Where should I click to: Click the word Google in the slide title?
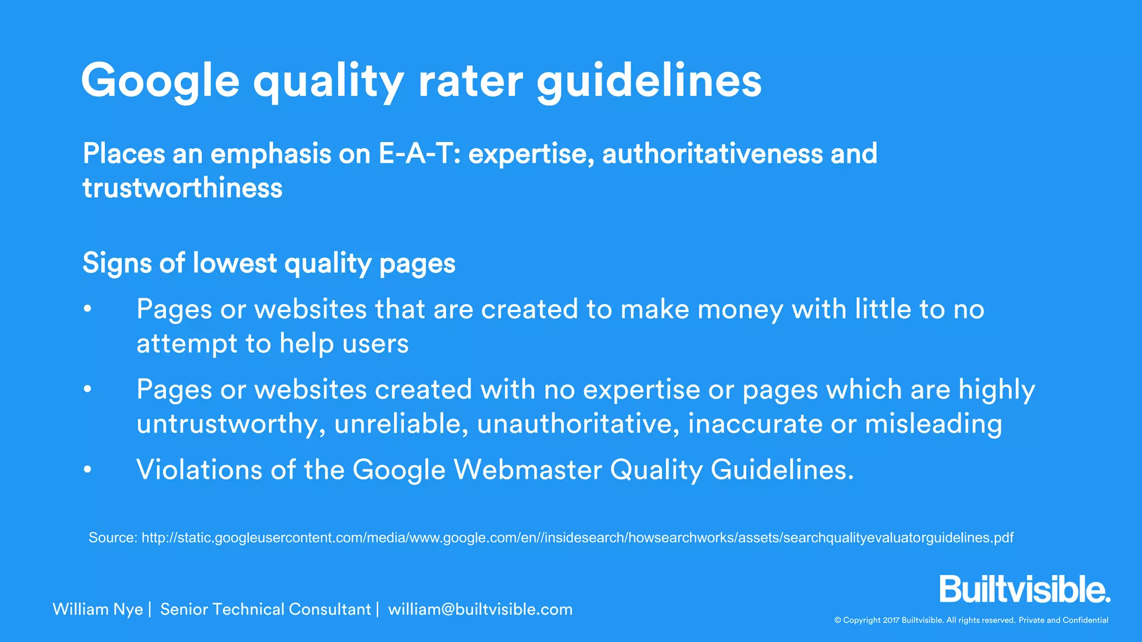pos(161,81)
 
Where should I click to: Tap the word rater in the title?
pos(471,81)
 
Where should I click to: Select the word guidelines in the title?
pos(649,81)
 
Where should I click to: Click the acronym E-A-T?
pos(415,154)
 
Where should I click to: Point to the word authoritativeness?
pos(712,154)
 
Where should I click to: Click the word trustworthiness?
pos(182,188)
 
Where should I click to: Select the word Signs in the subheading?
pos(117,263)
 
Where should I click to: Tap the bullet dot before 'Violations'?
pos(88,469)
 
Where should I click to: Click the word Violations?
pos(199,469)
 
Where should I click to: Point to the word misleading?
pos(933,424)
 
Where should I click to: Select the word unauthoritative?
pos(578,424)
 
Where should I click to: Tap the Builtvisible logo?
pos(1024,590)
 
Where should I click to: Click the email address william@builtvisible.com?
pos(480,609)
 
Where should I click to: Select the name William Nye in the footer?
pos(98,609)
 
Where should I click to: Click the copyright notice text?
pos(971,620)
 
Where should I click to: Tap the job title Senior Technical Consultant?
pos(265,609)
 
